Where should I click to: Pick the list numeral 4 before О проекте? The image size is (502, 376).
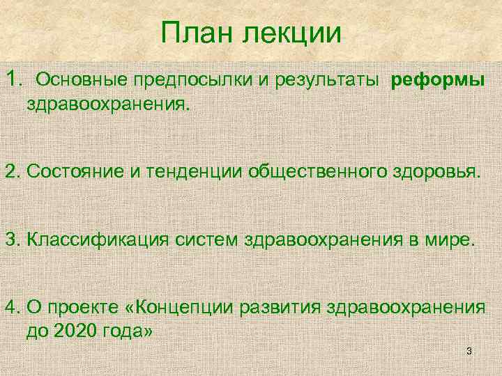coord(10,308)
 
